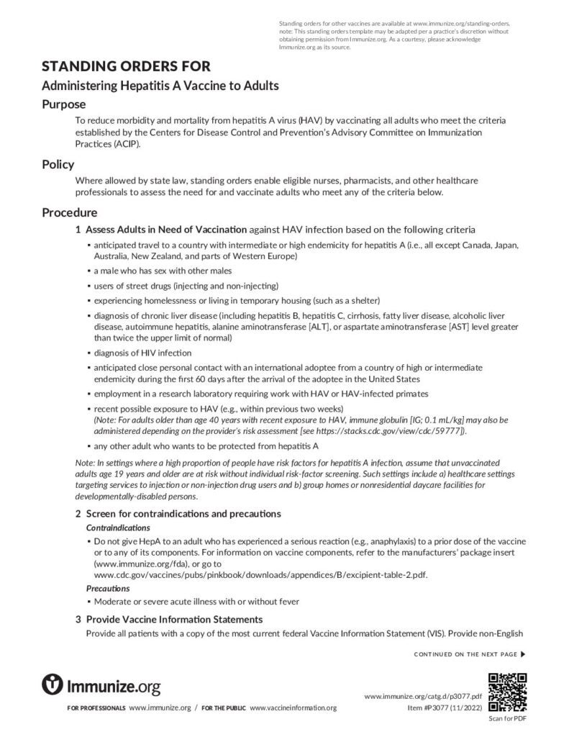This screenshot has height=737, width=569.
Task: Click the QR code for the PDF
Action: [507, 692]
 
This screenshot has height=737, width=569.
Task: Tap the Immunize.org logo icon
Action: [53, 684]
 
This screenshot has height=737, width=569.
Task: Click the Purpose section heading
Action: [63, 104]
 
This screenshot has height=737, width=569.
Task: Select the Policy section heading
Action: [58, 165]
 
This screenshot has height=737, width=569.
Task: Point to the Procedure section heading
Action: [70, 213]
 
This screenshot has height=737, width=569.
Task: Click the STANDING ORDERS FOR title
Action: [126, 67]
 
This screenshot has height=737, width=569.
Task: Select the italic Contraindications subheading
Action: [118, 528]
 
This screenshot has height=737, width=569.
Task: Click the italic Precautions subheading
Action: [108, 588]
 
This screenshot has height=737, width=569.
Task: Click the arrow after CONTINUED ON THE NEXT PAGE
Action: [523, 654]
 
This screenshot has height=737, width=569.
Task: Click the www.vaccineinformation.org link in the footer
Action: [293, 708]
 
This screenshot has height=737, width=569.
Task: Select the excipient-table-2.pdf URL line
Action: [264, 576]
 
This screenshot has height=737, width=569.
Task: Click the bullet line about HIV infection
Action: [142, 353]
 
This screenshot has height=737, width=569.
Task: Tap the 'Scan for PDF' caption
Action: [507, 718]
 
